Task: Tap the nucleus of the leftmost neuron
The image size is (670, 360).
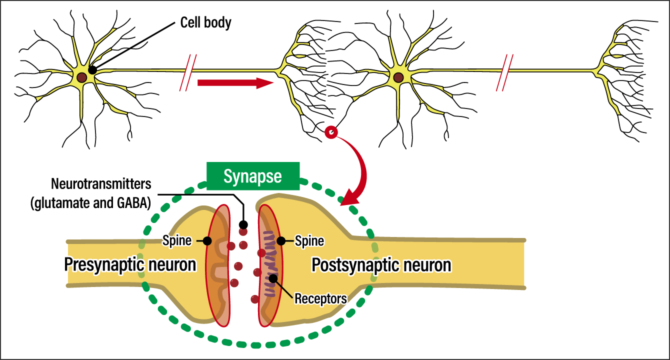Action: (x=93, y=74)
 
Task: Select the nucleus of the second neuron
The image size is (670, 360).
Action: (x=398, y=77)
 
